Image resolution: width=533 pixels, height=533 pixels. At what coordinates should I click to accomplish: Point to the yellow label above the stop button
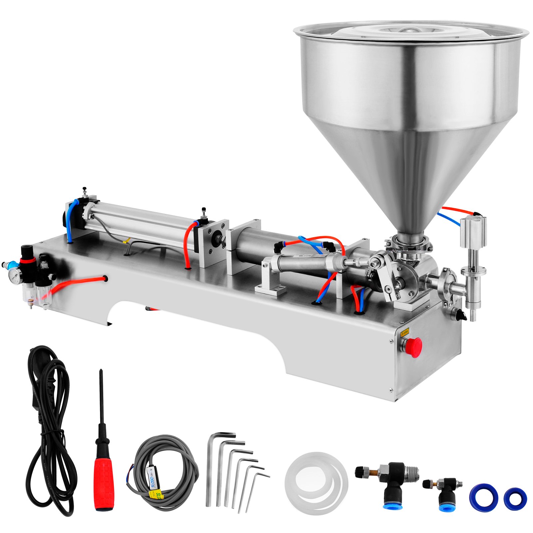point(405,331)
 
